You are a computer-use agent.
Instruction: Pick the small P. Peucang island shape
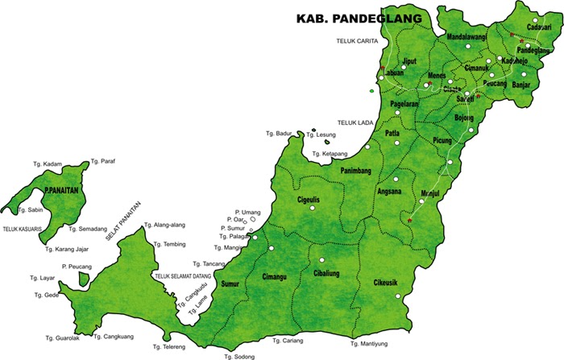tap(84, 279)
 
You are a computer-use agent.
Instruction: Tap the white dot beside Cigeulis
tap(318, 214)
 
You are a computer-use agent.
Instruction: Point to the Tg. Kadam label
tap(48, 163)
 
